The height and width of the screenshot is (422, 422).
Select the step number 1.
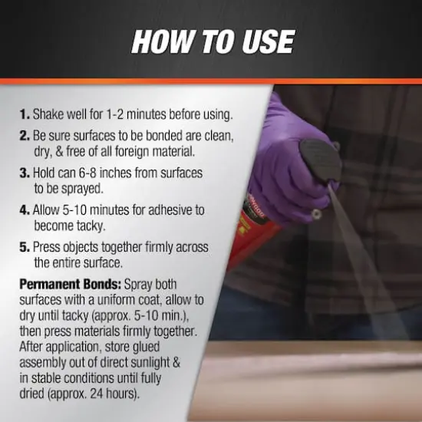25,115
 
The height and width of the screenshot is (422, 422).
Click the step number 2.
25,136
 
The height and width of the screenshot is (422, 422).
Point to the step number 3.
25,173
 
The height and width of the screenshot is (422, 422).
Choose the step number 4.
25,209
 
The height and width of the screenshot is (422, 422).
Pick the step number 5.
25,246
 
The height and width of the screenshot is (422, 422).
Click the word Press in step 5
48,246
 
